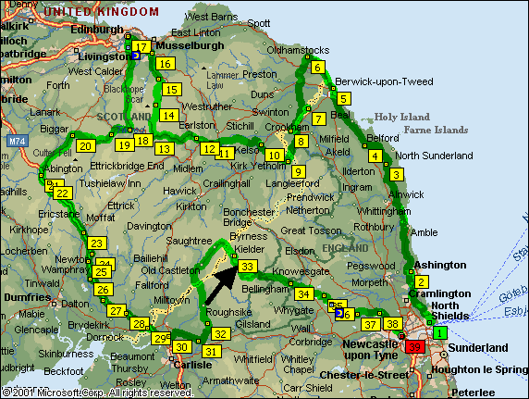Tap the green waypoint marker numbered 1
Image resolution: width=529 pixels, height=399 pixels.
(440, 332)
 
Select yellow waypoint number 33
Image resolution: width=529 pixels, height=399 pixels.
(247, 267)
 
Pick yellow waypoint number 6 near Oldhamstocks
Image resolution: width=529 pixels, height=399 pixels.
(317, 68)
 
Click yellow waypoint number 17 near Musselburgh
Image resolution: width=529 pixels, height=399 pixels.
(141, 47)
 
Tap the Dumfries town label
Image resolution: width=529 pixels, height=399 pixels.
(28, 298)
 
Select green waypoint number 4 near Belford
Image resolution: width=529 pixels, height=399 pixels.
(375, 156)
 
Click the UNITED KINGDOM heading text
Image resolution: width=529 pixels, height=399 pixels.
(102, 10)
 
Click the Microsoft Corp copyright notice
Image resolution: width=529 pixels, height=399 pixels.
(98, 393)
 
